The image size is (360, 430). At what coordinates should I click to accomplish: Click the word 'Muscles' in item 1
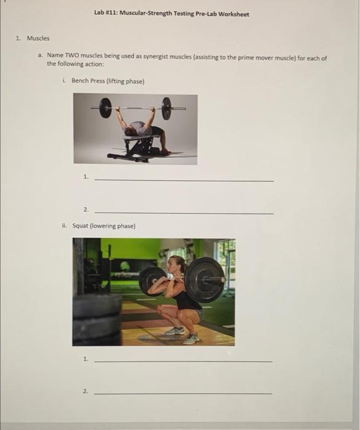click(37, 38)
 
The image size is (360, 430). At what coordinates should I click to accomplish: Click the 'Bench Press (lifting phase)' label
click(107, 80)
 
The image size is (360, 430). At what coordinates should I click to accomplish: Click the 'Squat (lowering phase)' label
click(103, 225)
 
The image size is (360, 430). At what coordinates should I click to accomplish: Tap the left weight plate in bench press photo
click(106, 107)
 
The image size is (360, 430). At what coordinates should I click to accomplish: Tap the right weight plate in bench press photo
click(166, 108)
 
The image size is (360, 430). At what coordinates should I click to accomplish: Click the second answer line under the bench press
click(184, 212)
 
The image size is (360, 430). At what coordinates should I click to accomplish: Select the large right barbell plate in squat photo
click(205, 280)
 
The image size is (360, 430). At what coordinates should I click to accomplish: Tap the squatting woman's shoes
click(182, 335)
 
